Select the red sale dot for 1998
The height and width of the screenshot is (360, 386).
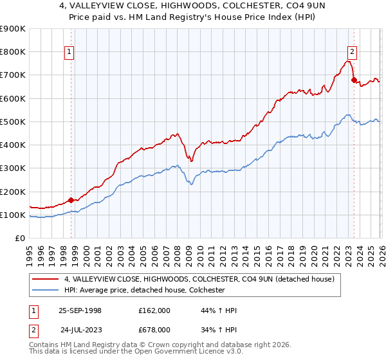tap(71, 200)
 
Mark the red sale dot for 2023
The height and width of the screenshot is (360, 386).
tap(353, 80)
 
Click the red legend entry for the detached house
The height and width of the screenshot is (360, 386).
tap(199, 280)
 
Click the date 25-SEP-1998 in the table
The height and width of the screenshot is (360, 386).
tap(80, 310)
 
